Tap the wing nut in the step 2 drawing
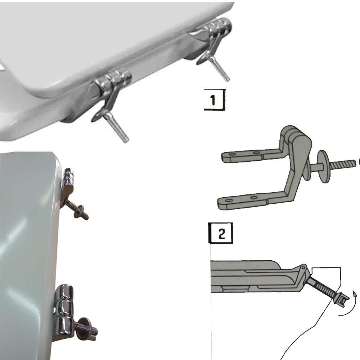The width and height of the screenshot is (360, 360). point(342,299)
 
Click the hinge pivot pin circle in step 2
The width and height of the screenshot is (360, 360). point(303,267)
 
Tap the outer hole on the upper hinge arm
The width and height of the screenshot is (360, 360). point(232,154)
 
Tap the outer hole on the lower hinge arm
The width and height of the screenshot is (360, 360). point(229,201)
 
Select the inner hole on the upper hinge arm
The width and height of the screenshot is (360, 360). point(256,152)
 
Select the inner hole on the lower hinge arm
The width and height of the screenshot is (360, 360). point(254,198)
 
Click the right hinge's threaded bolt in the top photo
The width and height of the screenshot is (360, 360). point(219,68)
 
